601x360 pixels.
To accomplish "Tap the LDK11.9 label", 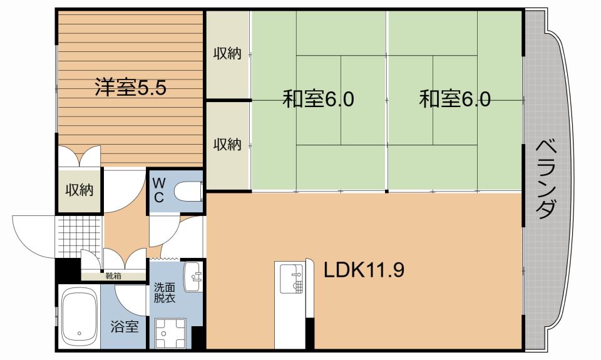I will click(364, 270).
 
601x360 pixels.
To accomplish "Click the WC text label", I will click(159, 190).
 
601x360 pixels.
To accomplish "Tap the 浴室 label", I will click(125, 326).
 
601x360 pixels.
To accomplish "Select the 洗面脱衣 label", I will click(165, 294).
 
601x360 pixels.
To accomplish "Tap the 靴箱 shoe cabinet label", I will click(113, 275).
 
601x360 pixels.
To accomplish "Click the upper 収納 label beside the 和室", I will click(227, 54).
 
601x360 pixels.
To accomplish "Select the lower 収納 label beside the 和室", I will click(227, 145).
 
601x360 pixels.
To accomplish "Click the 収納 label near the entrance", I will click(80, 190).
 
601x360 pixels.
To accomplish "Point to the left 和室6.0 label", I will click(319, 99).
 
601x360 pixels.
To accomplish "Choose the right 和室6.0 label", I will click(455, 99).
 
